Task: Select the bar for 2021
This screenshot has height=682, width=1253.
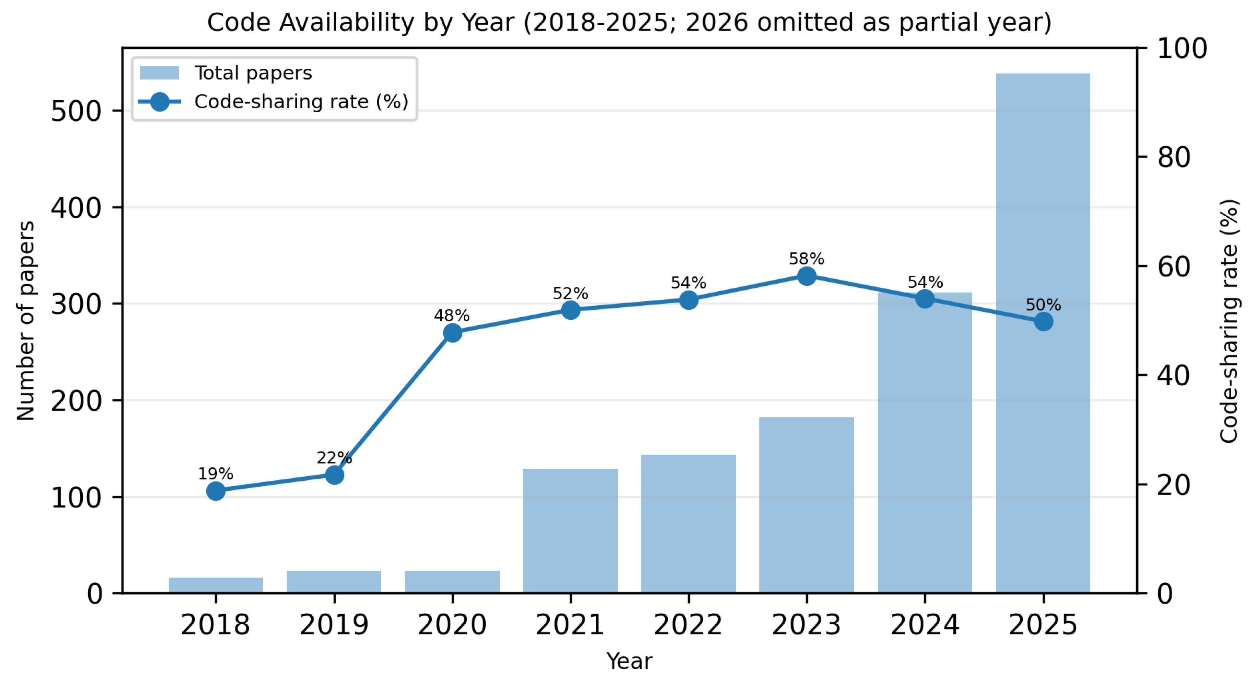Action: click(570, 531)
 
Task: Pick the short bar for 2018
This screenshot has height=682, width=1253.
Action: click(216, 585)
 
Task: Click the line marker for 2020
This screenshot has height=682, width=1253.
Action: click(452, 333)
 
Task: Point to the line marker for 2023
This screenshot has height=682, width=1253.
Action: click(807, 276)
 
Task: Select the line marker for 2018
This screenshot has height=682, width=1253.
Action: click(216, 491)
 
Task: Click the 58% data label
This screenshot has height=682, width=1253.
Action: click(807, 259)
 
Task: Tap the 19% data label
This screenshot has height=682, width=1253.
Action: click(216, 474)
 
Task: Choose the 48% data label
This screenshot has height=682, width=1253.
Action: click(452, 316)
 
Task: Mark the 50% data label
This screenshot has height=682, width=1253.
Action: click(1043, 305)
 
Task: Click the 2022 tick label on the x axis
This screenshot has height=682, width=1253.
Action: click(688, 625)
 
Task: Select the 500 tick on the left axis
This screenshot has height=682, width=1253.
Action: click(77, 111)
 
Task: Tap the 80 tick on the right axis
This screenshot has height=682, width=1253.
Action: click(1174, 157)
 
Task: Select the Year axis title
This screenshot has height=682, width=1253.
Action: click(629, 661)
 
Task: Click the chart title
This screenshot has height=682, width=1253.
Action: click(629, 22)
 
